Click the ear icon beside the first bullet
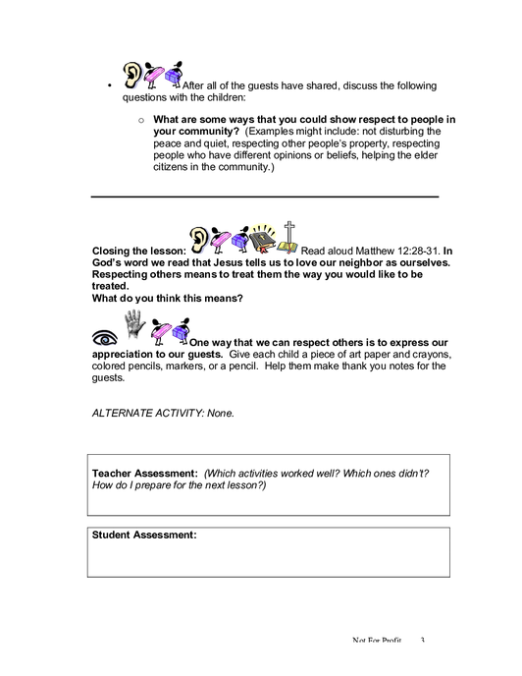132,75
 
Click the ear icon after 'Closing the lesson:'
199,240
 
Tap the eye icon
105,338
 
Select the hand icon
134,324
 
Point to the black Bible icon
262,239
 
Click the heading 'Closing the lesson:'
139,251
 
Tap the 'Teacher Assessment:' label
145,474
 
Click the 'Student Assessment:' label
144,535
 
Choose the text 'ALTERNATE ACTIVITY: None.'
163,413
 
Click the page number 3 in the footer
423,641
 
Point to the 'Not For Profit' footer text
377,641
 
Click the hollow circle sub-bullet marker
141,121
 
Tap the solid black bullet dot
109,85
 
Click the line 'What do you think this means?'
168,299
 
